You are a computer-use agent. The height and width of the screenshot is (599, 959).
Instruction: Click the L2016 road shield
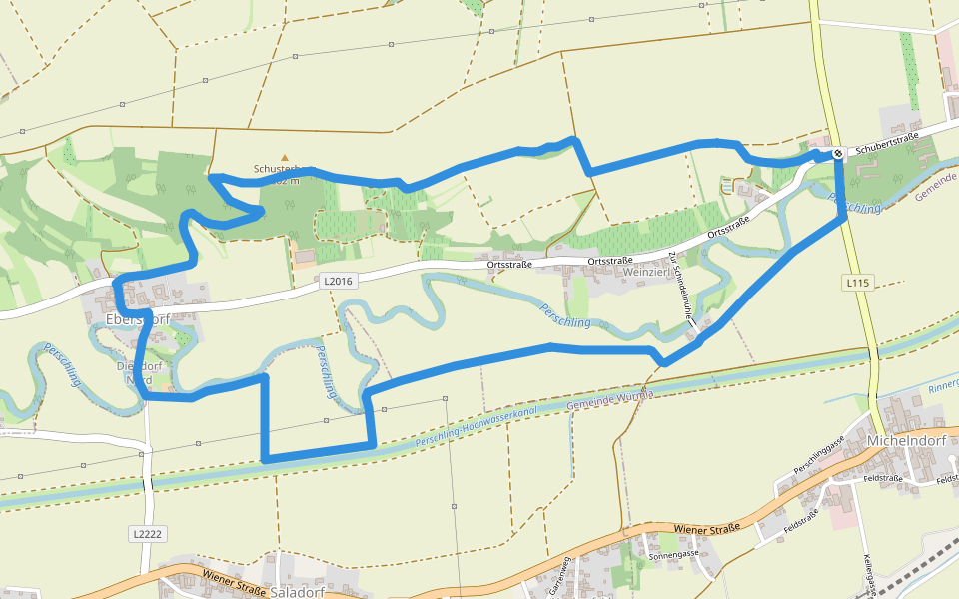(x=339, y=282)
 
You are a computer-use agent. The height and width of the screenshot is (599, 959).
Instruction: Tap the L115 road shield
(x=856, y=283)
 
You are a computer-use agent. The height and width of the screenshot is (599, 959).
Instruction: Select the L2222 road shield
(x=146, y=534)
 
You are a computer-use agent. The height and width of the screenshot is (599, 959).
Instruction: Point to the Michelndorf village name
(x=908, y=441)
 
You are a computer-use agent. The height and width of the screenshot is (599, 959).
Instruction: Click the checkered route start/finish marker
(x=838, y=153)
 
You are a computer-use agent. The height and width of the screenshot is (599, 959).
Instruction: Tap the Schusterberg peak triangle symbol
(x=285, y=157)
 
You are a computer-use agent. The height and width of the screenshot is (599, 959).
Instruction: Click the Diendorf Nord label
(x=135, y=372)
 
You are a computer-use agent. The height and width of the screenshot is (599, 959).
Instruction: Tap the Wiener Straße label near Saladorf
(x=236, y=576)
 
